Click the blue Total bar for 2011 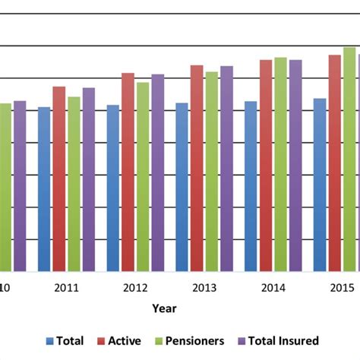coord(44,189)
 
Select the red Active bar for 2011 coord(59,178)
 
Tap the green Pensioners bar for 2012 coord(143,176)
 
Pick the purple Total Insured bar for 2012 coord(157,172)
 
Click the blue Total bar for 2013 coord(182,187)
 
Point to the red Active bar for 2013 coord(197,168)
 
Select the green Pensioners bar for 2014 coord(280,164)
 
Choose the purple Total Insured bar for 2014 coord(295,165)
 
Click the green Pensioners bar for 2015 coord(349,159)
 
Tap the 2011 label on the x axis coord(67,288)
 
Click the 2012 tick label coord(135,288)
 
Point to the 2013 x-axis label coord(204,288)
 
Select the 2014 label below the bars coord(273,288)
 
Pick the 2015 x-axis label coord(342,288)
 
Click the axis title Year coord(163,308)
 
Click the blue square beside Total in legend coord(51,342)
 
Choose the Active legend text coord(125,341)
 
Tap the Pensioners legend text coord(197,341)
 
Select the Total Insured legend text coord(289,341)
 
